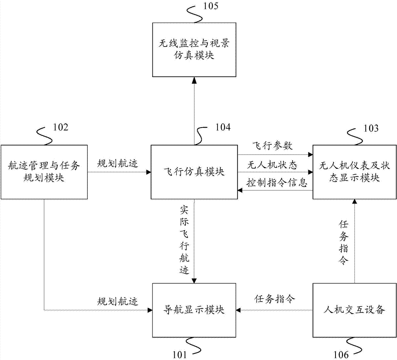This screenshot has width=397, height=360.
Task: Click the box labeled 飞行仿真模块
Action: point(194,172)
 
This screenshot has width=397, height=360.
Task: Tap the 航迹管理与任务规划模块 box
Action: point(44,172)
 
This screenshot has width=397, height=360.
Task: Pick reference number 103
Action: point(370,128)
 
